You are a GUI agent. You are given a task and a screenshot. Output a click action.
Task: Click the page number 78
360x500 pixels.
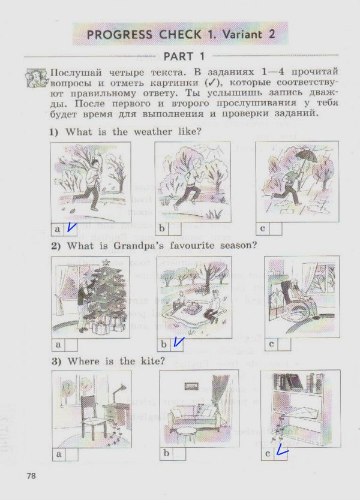point(31,476)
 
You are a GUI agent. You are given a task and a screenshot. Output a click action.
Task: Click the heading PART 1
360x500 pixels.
point(184,56)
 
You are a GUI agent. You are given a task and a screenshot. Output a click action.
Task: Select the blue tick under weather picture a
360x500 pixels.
point(71,227)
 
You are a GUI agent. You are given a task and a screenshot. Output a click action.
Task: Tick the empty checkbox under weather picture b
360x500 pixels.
point(174,228)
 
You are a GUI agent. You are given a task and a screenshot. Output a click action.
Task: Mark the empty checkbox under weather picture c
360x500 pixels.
point(276,228)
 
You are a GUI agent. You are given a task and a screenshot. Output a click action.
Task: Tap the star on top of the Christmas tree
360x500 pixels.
point(106,263)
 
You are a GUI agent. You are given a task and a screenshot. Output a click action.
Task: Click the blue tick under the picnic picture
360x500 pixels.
point(178,342)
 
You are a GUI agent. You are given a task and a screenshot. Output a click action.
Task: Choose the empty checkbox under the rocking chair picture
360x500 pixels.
point(284,344)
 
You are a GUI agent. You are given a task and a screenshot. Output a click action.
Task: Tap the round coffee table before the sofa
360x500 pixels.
point(187,433)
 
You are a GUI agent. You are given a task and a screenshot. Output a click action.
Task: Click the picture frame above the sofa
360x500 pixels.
point(192,385)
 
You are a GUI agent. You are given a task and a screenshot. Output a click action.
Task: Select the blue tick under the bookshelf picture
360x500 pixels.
point(281,451)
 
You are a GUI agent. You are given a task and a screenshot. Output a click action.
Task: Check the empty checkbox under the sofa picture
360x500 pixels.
point(179,454)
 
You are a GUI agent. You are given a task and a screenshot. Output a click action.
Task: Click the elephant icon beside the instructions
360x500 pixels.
point(37,78)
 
